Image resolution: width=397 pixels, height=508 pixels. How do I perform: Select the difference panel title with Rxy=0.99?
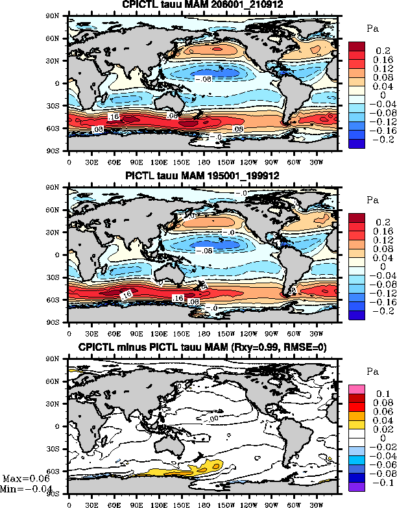point(203,348)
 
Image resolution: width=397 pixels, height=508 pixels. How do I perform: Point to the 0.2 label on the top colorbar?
point(378,49)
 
